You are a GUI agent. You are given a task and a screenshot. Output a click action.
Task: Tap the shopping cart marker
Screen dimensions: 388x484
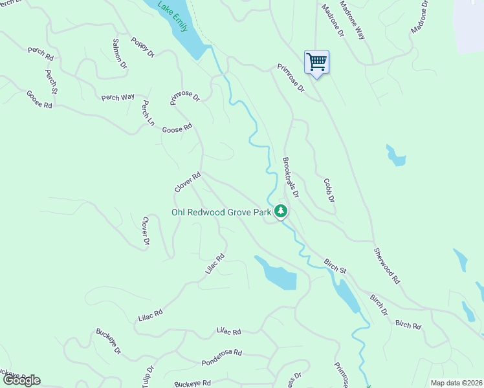click(316, 63)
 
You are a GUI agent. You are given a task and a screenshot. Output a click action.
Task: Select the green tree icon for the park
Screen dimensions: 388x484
click(281, 211)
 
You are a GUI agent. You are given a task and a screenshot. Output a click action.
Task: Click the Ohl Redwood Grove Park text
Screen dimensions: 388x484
click(220, 212)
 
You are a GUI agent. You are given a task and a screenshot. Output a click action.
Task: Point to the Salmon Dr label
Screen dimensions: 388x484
click(120, 54)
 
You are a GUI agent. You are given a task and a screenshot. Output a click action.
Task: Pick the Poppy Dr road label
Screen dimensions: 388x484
click(142, 47)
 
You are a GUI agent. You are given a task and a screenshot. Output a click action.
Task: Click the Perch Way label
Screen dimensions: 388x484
click(118, 97)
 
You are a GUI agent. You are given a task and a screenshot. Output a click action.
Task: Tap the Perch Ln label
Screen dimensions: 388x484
click(148, 113)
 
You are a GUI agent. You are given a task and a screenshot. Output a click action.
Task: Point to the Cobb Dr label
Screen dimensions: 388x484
click(329, 190)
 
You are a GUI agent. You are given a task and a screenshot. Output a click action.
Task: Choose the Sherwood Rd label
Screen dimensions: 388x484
click(387, 265)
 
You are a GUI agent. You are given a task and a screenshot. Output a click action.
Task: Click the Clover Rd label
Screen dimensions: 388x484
click(188, 182)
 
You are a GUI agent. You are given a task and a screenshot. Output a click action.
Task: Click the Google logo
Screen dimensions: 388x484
click(21, 380)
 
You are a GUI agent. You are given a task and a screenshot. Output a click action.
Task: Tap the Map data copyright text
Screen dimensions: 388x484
click(456, 383)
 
